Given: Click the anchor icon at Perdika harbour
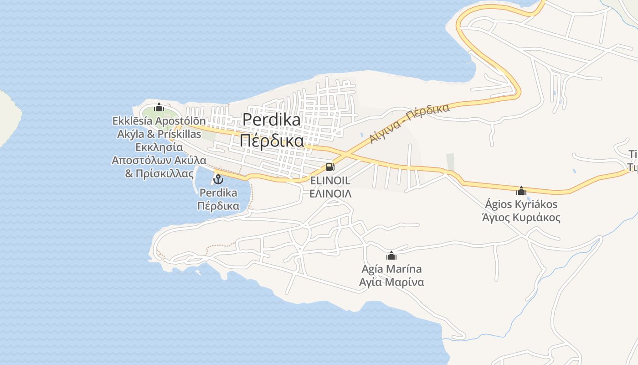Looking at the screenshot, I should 218,179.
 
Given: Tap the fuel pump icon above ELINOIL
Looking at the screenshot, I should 330,167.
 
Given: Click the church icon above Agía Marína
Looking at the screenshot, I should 391,255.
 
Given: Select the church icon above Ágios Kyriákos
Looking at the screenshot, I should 521,191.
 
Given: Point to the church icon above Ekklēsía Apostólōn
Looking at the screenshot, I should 159,108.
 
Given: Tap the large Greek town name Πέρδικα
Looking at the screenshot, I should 272,141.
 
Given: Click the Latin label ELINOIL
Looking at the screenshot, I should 330,181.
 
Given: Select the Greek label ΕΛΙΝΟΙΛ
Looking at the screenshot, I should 330,193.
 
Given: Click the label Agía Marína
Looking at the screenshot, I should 391,269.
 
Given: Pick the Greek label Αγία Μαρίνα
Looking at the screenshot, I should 391,282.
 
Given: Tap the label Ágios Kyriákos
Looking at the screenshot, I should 521,204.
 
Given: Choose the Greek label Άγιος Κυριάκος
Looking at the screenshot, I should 521,217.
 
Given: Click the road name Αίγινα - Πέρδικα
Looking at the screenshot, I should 409,123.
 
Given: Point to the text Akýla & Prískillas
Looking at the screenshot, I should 159,134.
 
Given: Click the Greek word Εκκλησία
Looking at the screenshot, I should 159,147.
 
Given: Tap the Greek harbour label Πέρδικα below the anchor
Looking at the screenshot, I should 218,206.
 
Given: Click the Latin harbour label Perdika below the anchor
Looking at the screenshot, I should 218,193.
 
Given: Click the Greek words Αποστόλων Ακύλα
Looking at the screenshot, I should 159,160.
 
